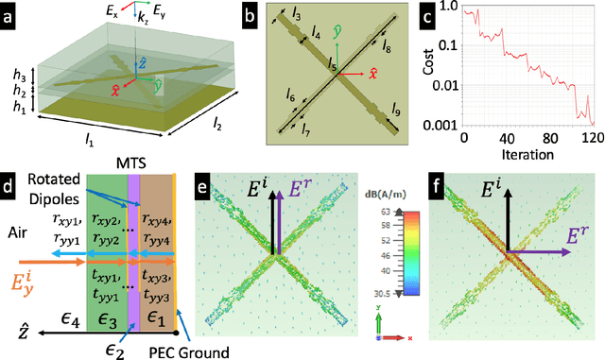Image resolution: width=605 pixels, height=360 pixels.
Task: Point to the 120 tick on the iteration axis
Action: click(x=590, y=137)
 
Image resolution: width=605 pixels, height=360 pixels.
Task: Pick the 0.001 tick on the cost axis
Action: click(x=443, y=124)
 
